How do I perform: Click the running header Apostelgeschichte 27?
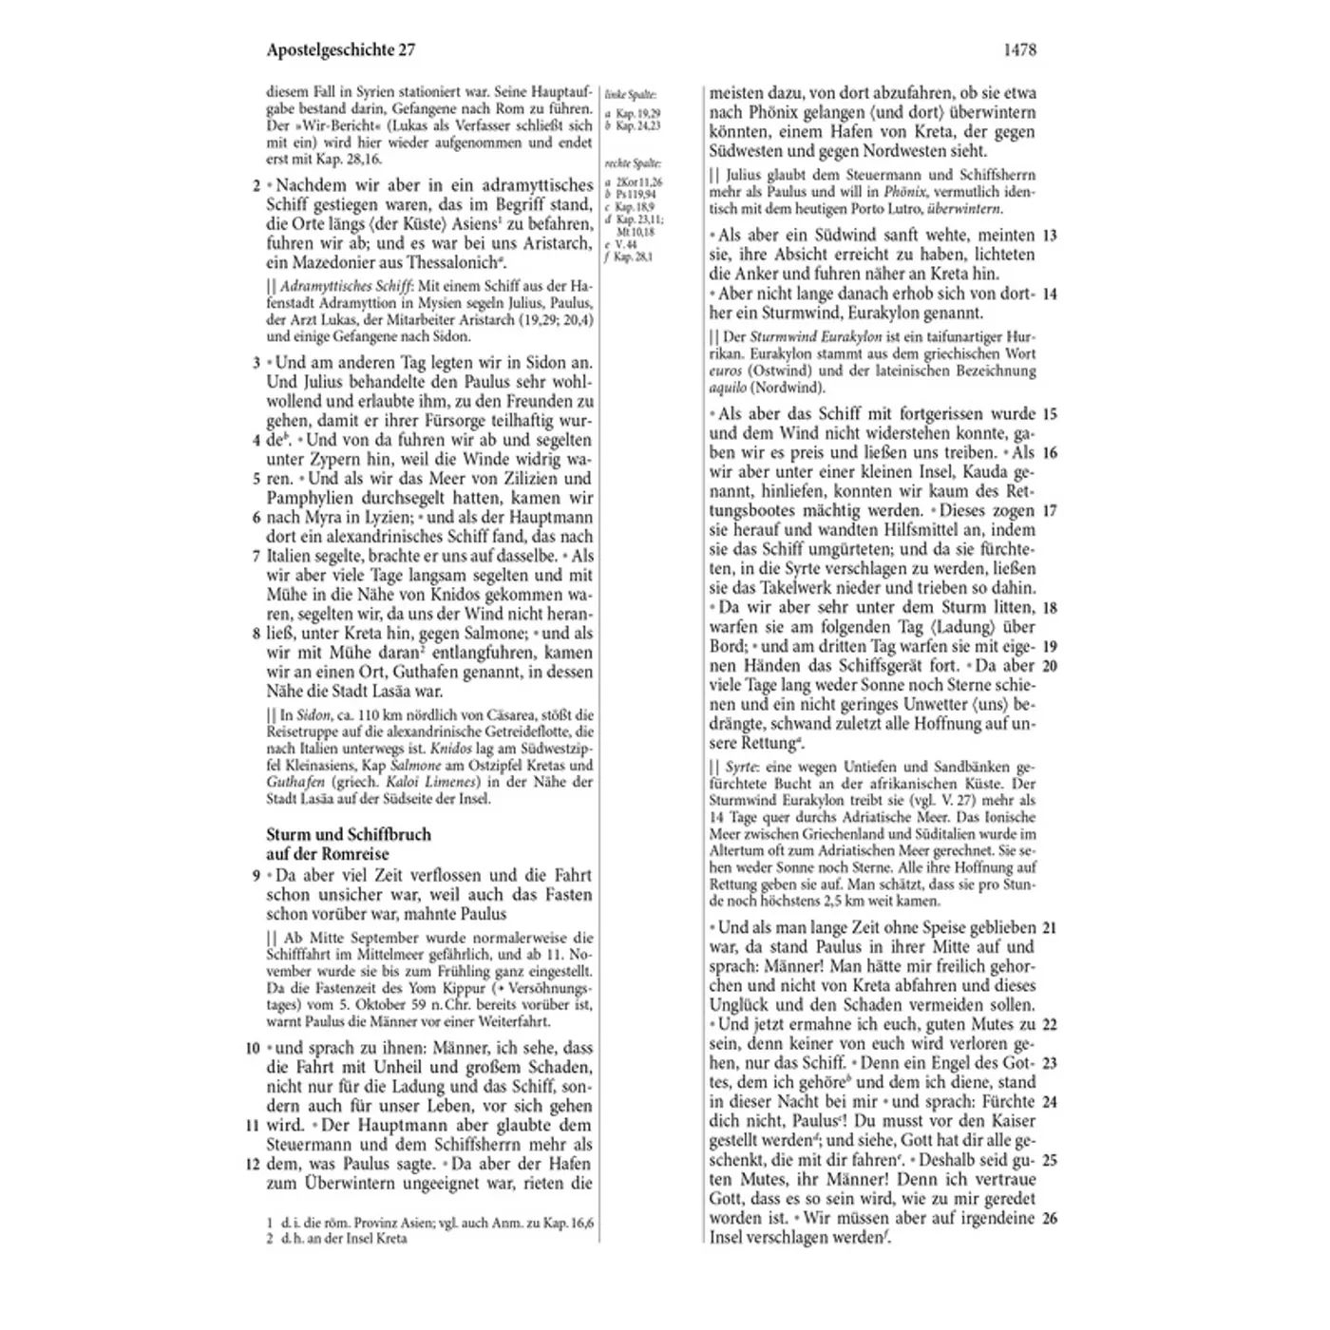(340, 50)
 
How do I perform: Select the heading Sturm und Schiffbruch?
(349, 834)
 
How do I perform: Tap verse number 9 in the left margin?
(256, 875)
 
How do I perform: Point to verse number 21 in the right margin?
(1050, 927)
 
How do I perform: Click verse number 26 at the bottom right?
(1050, 1218)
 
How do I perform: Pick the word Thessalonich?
(451, 263)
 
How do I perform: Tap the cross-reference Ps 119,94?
(636, 194)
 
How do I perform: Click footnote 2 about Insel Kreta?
(342, 1239)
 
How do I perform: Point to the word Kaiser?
(1009, 1121)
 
